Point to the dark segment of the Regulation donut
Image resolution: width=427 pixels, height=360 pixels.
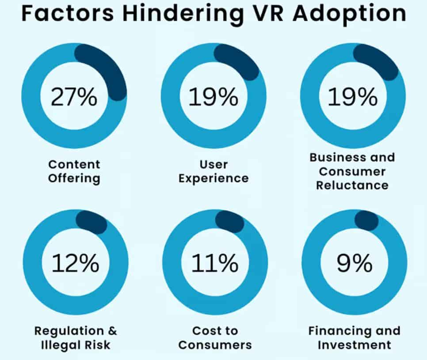[x=92, y=222]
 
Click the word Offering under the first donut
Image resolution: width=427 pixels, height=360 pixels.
[x=74, y=178]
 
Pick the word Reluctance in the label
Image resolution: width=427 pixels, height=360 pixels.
[x=352, y=185]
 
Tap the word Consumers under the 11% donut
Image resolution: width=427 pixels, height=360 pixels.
[x=215, y=345]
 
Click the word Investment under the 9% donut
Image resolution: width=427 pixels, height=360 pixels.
[x=354, y=345]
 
